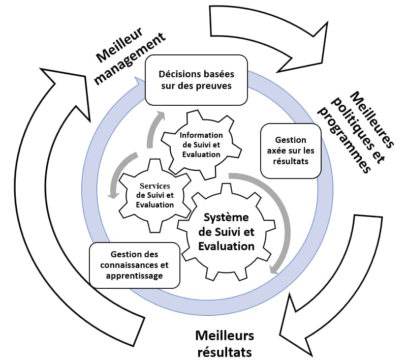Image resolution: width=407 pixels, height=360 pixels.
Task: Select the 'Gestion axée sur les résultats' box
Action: [291, 151]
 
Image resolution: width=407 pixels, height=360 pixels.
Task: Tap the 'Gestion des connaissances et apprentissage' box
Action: [134, 264]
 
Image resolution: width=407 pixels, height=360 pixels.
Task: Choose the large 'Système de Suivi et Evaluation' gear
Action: [226, 232]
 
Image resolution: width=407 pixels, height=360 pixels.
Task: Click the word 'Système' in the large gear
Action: [226, 218]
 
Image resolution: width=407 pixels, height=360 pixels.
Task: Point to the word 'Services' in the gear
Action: [155, 186]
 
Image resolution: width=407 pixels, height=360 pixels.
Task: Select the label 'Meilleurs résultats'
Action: [224, 343]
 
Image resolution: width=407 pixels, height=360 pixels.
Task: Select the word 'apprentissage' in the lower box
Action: [135, 276]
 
